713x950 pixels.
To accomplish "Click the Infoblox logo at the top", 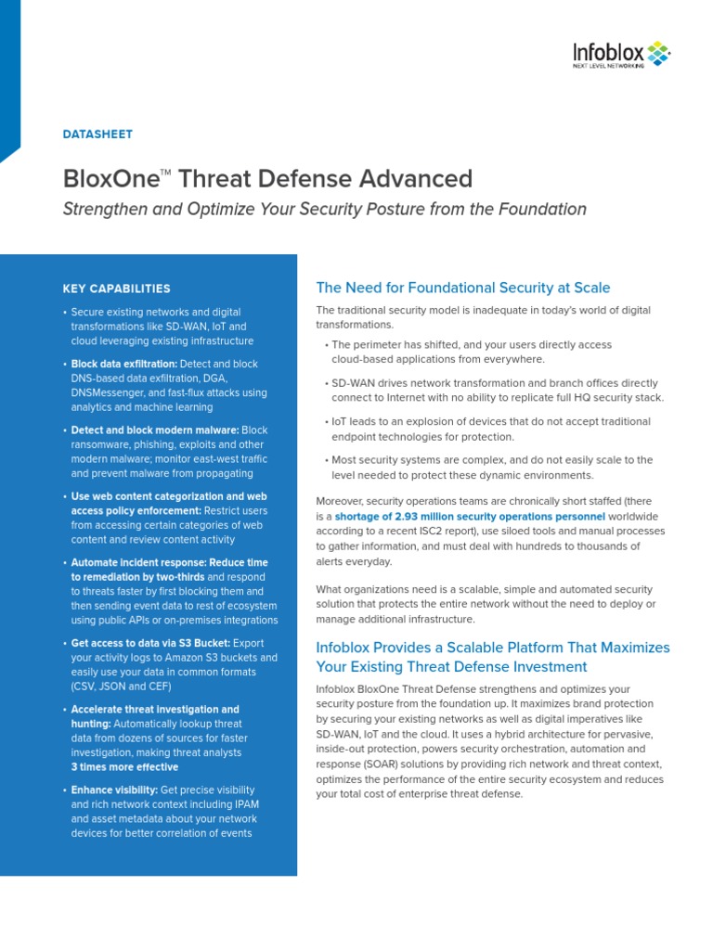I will click(619, 56).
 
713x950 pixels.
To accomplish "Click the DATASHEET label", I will click(97, 135).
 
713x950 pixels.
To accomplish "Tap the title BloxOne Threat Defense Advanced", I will click(267, 179).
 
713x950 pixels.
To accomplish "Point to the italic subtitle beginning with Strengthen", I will click(324, 209).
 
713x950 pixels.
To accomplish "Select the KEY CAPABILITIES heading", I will click(116, 289).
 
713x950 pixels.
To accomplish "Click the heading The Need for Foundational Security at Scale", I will click(463, 288).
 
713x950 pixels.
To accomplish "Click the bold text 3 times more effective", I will click(124, 767).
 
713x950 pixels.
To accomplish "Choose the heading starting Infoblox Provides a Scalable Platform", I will click(493, 648).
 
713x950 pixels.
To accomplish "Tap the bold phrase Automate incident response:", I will click(139, 562).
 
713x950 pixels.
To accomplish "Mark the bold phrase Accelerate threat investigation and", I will click(155, 710).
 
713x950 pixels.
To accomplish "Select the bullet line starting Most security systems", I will click(492, 459).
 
